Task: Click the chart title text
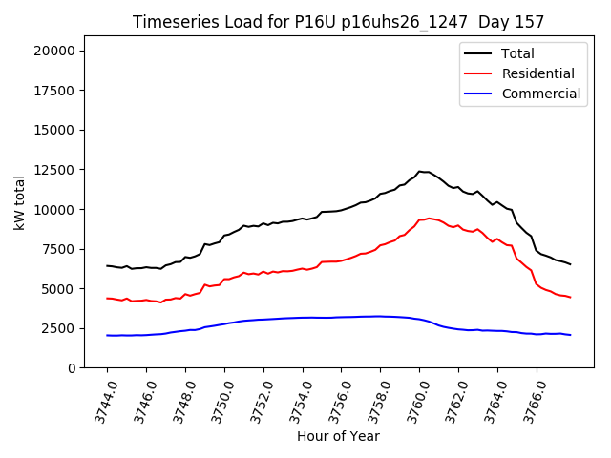(x=339, y=22)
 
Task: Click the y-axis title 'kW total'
(x=20, y=202)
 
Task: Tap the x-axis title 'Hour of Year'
(x=339, y=436)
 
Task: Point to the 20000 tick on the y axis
(x=58, y=51)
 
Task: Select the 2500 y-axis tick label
(x=62, y=328)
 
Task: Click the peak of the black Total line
(x=419, y=171)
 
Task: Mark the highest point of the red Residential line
(x=430, y=219)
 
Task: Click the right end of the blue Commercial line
(x=570, y=335)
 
